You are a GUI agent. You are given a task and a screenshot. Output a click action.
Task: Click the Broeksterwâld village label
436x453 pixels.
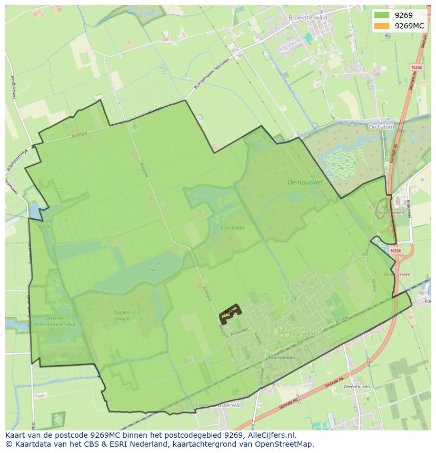pyautogui.click(x=308, y=17)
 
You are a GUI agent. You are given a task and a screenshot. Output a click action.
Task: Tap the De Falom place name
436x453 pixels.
pyautogui.click(x=381, y=127)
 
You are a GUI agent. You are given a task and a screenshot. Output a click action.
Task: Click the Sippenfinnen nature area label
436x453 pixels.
pyautogui.click(x=122, y=315)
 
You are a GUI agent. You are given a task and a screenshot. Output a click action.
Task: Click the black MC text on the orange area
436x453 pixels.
pyautogui.click(x=229, y=313)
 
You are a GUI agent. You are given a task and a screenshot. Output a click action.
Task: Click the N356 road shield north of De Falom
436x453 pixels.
pyautogui.click(x=417, y=68)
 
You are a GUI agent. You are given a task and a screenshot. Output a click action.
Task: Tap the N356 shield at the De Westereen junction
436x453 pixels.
pyautogui.click(x=396, y=251)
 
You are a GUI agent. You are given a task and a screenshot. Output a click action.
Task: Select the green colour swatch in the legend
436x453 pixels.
pyautogui.click(x=382, y=15)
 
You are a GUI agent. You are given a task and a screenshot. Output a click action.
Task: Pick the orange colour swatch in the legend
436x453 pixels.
pyautogui.click(x=382, y=25)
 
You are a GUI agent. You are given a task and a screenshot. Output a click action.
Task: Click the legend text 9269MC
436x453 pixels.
pyautogui.click(x=409, y=25)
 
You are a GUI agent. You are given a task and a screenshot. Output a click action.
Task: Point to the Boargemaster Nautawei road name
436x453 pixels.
pyautogui.click(x=212, y=73)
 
